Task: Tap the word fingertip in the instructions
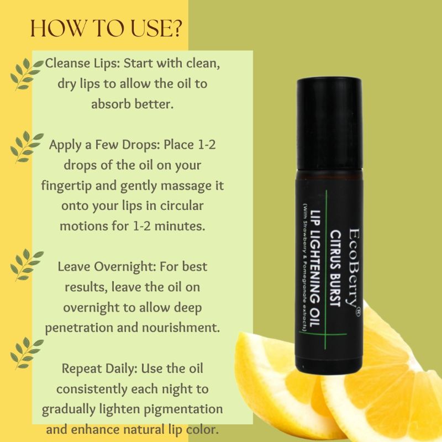tap(67, 185)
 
